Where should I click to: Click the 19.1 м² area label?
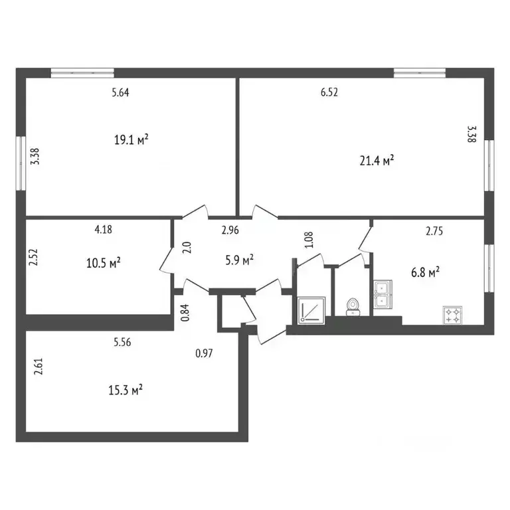(131, 139)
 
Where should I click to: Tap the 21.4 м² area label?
(376, 160)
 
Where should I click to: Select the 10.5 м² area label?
(104, 263)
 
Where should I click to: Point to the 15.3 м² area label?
(126, 389)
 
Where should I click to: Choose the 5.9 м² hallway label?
(239, 261)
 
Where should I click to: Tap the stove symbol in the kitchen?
(454, 315)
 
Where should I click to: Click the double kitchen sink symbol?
(383, 295)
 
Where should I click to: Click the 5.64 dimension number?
(120, 93)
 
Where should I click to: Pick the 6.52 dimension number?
(329, 93)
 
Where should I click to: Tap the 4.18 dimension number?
(103, 230)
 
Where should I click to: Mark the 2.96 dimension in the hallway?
(230, 231)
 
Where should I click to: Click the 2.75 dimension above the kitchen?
(434, 232)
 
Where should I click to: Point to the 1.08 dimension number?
(307, 240)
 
